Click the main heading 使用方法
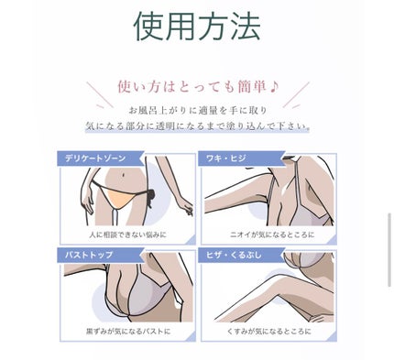(x=197, y=27)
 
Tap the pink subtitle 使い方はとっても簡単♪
(x=198, y=87)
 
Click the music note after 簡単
(x=274, y=87)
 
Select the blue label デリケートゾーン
(x=95, y=158)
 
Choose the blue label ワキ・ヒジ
(x=225, y=158)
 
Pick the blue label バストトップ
(x=89, y=255)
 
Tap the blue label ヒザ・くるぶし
(x=234, y=255)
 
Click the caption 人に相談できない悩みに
(x=128, y=235)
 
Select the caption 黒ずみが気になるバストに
(x=128, y=331)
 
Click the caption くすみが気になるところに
(x=268, y=331)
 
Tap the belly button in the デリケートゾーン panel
(x=122, y=175)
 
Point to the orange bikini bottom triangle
(x=118, y=197)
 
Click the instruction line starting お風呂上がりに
(x=198, y=111)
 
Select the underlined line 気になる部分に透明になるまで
(x=198, y=126)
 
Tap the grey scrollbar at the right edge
(x=389, y=250)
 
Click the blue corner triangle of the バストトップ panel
(x=191, y=336)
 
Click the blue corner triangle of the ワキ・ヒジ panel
(x=332, y=240)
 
